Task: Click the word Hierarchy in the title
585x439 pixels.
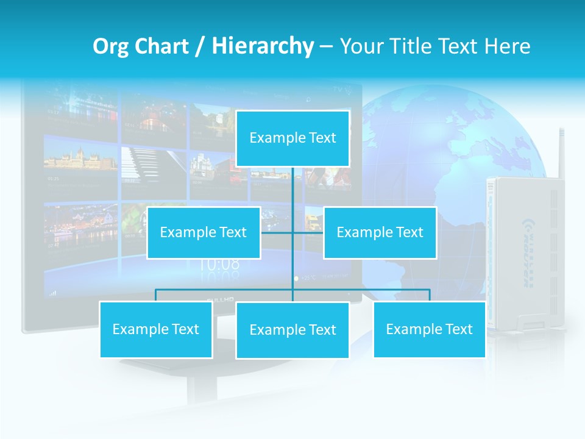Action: pos(263,46)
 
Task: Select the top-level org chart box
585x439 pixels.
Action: pos(292,138)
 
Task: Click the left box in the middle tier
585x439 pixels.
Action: pos(204,233)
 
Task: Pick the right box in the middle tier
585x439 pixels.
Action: pos(380,233)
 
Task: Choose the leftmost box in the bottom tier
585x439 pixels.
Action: pos(155,330)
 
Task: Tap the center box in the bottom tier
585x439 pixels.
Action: pos(292,330)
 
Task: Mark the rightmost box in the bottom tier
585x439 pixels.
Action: pos(429,330)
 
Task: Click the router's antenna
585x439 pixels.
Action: pos(561,152)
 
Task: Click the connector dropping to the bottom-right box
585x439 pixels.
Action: pos(429,296)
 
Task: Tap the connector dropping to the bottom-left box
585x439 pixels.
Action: pos(155,296)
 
